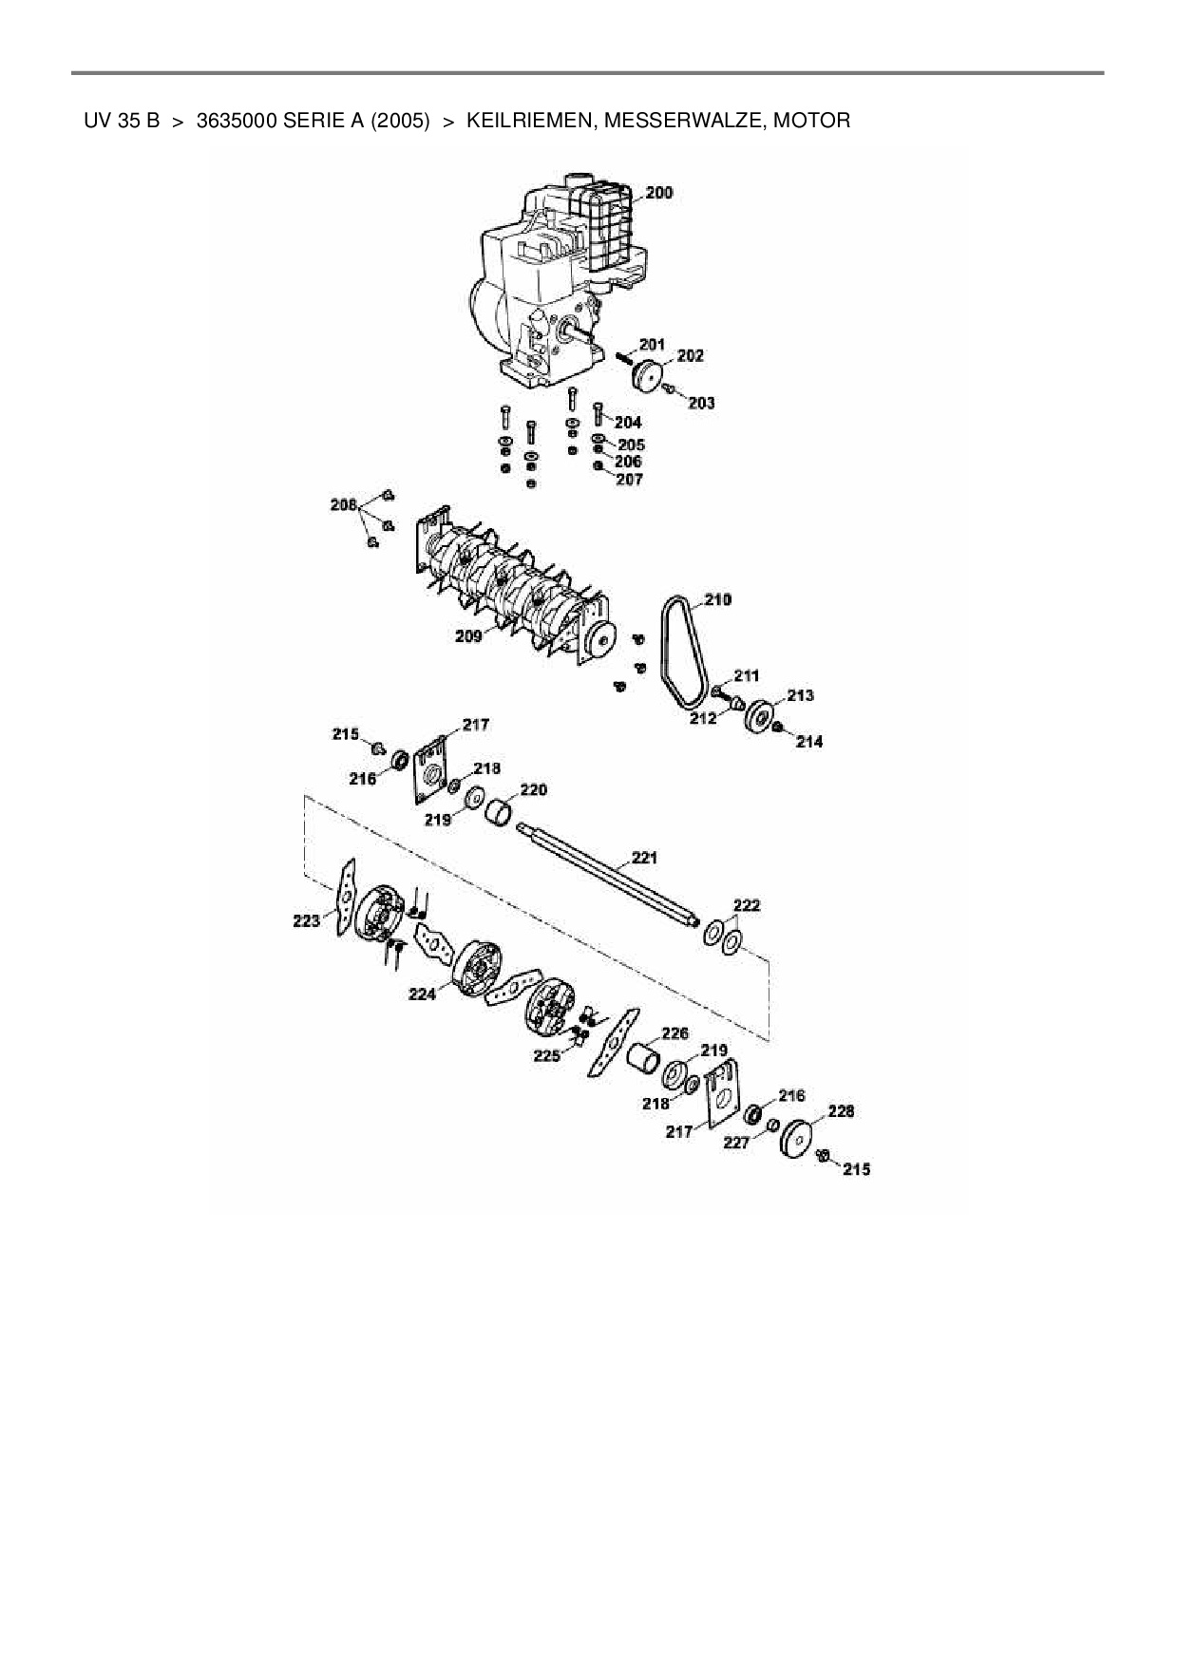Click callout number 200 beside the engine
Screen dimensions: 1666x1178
[658, 193]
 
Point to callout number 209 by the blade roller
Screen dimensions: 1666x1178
[468, 635]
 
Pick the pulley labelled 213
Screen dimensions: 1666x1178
[760, 715]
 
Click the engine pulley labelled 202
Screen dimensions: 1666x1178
[648, 373]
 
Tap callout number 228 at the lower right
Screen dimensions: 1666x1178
[841, 1110]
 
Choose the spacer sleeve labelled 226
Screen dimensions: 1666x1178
[644, 1056]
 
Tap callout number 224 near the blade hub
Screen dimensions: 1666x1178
[423, 994]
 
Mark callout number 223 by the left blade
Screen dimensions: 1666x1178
[306, 920]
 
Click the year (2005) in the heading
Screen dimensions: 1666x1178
[400, 121]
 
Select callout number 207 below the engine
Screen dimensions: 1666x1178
[629, 480]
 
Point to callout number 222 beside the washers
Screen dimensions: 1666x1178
[747, 905]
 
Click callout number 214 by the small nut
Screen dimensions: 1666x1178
[809, 742]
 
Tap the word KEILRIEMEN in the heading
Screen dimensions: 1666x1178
[528, 121]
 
